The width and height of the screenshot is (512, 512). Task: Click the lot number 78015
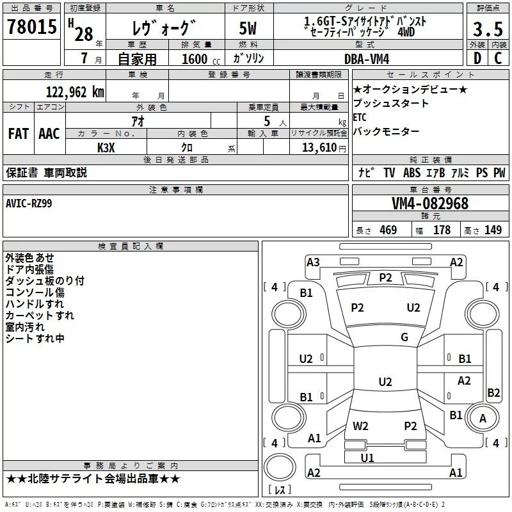click(x=32, y=27)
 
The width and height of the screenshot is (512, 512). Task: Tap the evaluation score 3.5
click(x=488, y=29)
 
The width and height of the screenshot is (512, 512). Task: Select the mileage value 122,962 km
click(x=75, y=92)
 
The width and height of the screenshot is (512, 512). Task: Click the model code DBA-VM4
click(x=367, y=59)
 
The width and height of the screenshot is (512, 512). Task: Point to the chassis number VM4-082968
click(x=430, y=204)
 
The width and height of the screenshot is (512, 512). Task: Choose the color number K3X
click(x=106, y=148)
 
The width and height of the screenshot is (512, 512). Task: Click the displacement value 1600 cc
click(x=201, y=59)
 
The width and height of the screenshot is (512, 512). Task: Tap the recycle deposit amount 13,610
click(x=319, y=147)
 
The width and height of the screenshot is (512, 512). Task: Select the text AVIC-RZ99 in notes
click(x=29, y=204)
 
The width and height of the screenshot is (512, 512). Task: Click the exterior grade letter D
click(x=477, y=58)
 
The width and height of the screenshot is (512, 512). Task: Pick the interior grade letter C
click(x=498, y=58)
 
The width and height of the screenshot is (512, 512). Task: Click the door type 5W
click(x=248, y=28)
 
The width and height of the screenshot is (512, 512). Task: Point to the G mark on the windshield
click(x=404, y=337)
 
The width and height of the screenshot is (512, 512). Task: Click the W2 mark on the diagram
click(x=360, y=426)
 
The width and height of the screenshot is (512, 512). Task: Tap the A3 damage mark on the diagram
click(x=313, y=262)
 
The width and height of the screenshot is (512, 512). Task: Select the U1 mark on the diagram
click(x=367, y=458)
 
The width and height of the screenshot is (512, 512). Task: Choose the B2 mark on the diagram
click(x=493, y=392)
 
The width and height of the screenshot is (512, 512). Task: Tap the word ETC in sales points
click(x=360, y=117)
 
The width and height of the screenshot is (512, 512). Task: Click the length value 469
click(x=388, y=230)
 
